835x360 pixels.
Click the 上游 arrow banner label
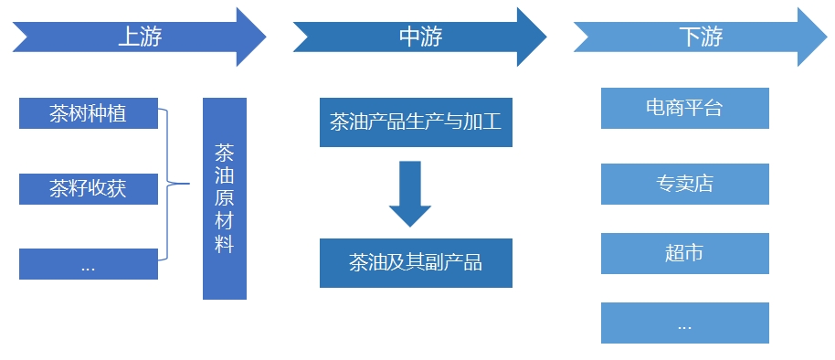(x=140, y=37)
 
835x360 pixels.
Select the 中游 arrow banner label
(x=420, y=37)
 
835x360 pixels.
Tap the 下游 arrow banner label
(x=701, y=37)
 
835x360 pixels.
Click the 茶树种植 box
(x=88, y=114)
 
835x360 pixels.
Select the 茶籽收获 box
(x=88, y=189)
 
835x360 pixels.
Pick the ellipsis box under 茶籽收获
(x=88, y=264)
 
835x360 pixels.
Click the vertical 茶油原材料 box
(x=225, y=198)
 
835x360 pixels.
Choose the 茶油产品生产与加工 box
(x=416, y=122)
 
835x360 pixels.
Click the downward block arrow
(x=410, y=193)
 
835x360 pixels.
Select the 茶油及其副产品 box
(x=416, y=263)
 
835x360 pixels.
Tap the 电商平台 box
(x=684, y=108)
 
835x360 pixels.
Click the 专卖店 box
(x=684, y=184)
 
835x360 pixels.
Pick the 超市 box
(x=684, y=253)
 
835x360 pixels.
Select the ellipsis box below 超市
(x=684, y=323)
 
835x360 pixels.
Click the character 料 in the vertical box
(x=225, y=245)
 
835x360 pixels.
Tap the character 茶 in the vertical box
(x=225, y=151)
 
